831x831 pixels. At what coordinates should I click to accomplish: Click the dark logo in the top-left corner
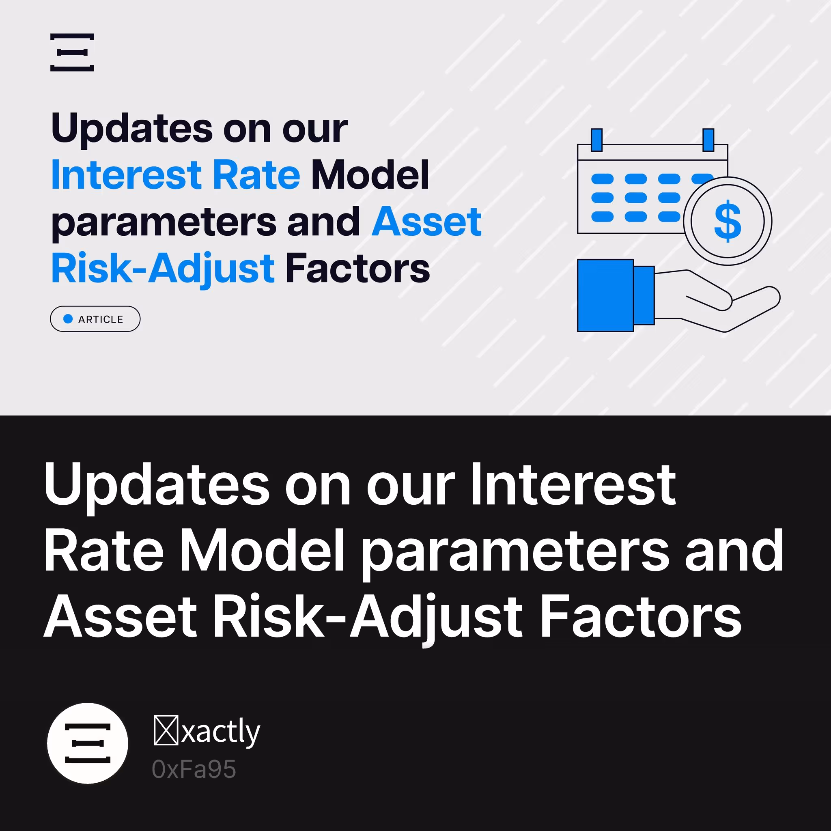72,52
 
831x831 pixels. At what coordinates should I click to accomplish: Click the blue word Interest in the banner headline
127,174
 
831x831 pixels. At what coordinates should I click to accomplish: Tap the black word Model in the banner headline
370,174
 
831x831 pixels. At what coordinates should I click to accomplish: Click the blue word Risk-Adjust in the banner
163,269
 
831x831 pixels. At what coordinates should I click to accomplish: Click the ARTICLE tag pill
95,319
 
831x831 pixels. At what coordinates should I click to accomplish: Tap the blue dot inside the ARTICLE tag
68,319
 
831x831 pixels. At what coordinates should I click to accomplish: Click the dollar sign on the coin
728,221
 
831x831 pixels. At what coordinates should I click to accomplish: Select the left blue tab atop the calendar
596,140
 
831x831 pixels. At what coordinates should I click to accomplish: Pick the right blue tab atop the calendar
708,140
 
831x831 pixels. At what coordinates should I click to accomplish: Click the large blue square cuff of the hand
605,295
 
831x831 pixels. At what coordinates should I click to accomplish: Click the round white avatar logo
87,743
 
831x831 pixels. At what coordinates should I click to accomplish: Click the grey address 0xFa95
194,769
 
